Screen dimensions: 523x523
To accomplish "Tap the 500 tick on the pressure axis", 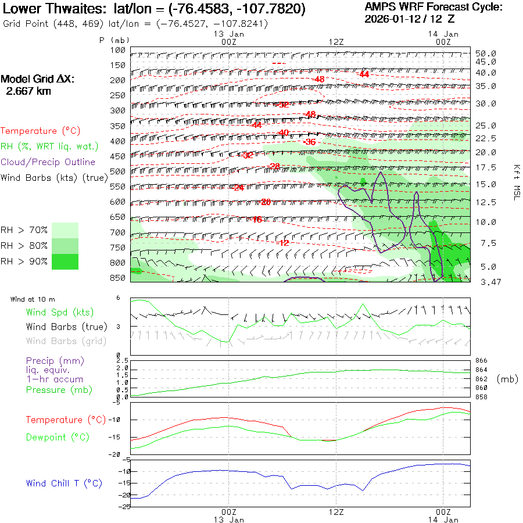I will (x=118, y=171).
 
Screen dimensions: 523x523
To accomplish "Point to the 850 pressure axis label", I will (x=118, y=278).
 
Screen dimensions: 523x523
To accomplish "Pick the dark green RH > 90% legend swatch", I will (x=65, y=261).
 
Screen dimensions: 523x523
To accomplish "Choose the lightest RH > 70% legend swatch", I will (x=65, y=230).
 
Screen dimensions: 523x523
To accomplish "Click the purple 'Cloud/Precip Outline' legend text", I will (x=48, y=162).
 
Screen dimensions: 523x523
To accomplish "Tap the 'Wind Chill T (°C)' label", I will (x=64, y=483).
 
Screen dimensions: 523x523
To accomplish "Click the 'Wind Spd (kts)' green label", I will (x=60, y=313).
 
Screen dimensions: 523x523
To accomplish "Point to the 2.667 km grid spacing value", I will (x=28, y=91).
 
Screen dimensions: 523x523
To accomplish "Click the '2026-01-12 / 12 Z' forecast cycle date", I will (x=410, y=19).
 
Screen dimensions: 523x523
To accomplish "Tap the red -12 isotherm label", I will (x=283, y=243).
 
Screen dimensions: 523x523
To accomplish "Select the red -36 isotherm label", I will (x=309, y=142).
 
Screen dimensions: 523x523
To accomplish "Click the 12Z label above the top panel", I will (x=336, y=42).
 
